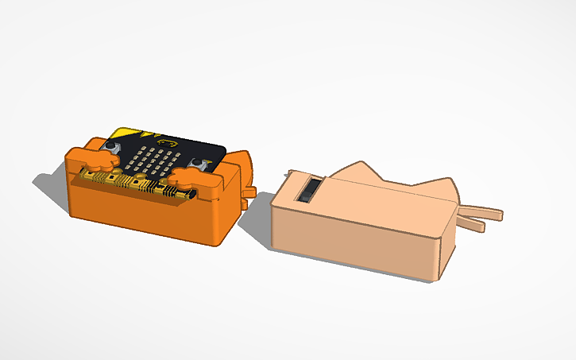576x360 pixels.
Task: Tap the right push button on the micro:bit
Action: (x=199, y=163)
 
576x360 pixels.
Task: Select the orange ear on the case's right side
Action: (x=245, y=166)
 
